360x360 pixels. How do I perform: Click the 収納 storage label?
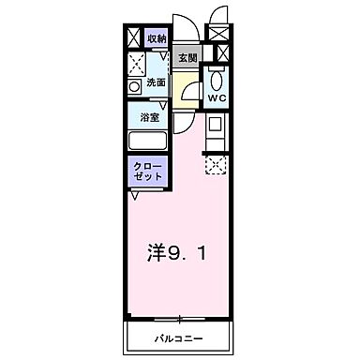(x=157, y=38)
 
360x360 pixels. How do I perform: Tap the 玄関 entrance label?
(x=188, y=58)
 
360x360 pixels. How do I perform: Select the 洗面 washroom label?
(x=156, y=82)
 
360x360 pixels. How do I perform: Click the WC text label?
(x=217, y=97)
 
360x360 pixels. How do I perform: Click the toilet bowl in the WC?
(x=217, y=79)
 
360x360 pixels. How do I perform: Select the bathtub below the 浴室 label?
(x=147, y=142)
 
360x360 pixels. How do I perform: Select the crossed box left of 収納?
(x=132, y=38)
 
